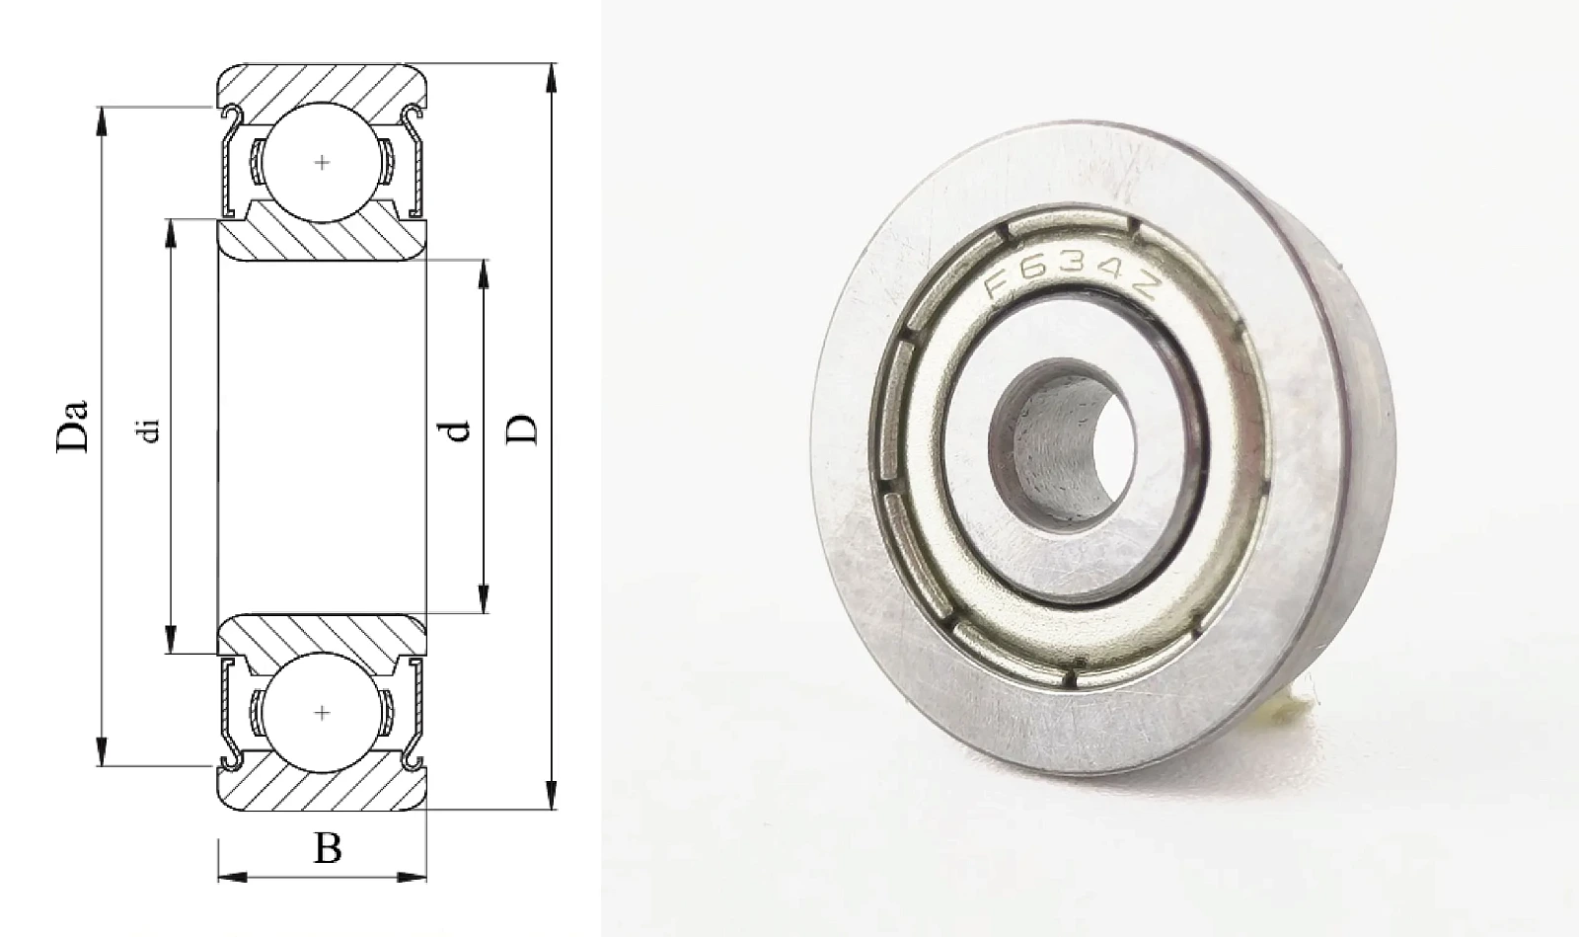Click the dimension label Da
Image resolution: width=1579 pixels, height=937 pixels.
click(73, 426)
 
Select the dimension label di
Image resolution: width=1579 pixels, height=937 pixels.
click(149, 430)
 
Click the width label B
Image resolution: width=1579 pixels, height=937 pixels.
click(328, 848)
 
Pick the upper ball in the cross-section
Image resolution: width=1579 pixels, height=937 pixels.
click(322, 163)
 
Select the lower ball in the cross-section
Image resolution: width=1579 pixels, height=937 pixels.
click(322, 713)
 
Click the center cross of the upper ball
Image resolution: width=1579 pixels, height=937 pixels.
click(322, 163)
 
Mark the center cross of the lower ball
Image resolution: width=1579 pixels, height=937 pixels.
click(322, 713)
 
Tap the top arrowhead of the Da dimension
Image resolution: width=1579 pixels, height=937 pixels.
click(103, 121)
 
